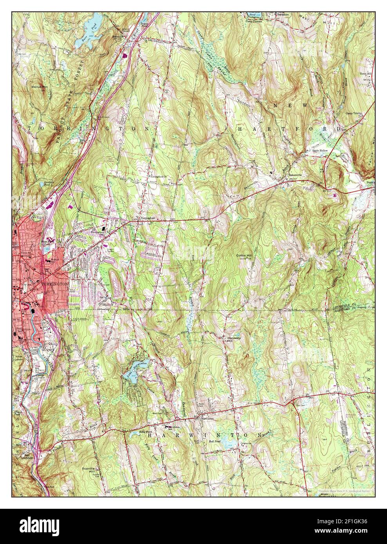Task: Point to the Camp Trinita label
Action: [x=354, y=113]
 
